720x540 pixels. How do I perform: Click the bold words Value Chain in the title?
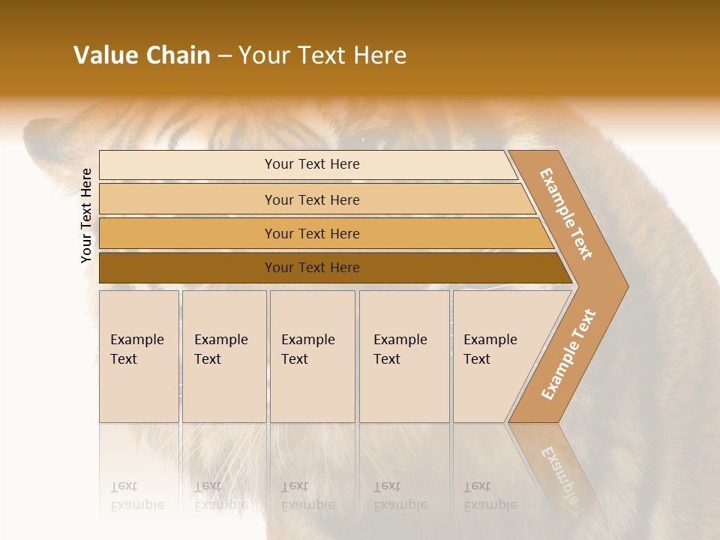click(x=142, y=55)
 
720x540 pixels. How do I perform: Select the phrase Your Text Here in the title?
click(x=322, y=55)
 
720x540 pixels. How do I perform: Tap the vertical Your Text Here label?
click(x=86, y=215)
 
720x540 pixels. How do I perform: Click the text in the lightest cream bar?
click(x=312, y=164)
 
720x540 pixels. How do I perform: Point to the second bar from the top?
click(x=312, y=199)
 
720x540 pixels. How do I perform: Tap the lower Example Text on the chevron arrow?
click(x=568, y=354)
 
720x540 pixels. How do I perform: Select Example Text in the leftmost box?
click(x=136, y=349)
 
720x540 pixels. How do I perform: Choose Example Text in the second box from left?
click(x=220, y=349)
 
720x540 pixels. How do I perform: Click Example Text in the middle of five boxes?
click(x=307, y=349)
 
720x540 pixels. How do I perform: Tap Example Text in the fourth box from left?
click(x=400, y=349)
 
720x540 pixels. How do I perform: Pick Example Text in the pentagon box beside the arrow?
click(x=490, y=349)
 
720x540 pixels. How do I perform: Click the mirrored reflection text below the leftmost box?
click(x=136, y=496)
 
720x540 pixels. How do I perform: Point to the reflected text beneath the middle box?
click(x=307, y=496)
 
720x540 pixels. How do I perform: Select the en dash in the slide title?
click(x=224, y=56)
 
